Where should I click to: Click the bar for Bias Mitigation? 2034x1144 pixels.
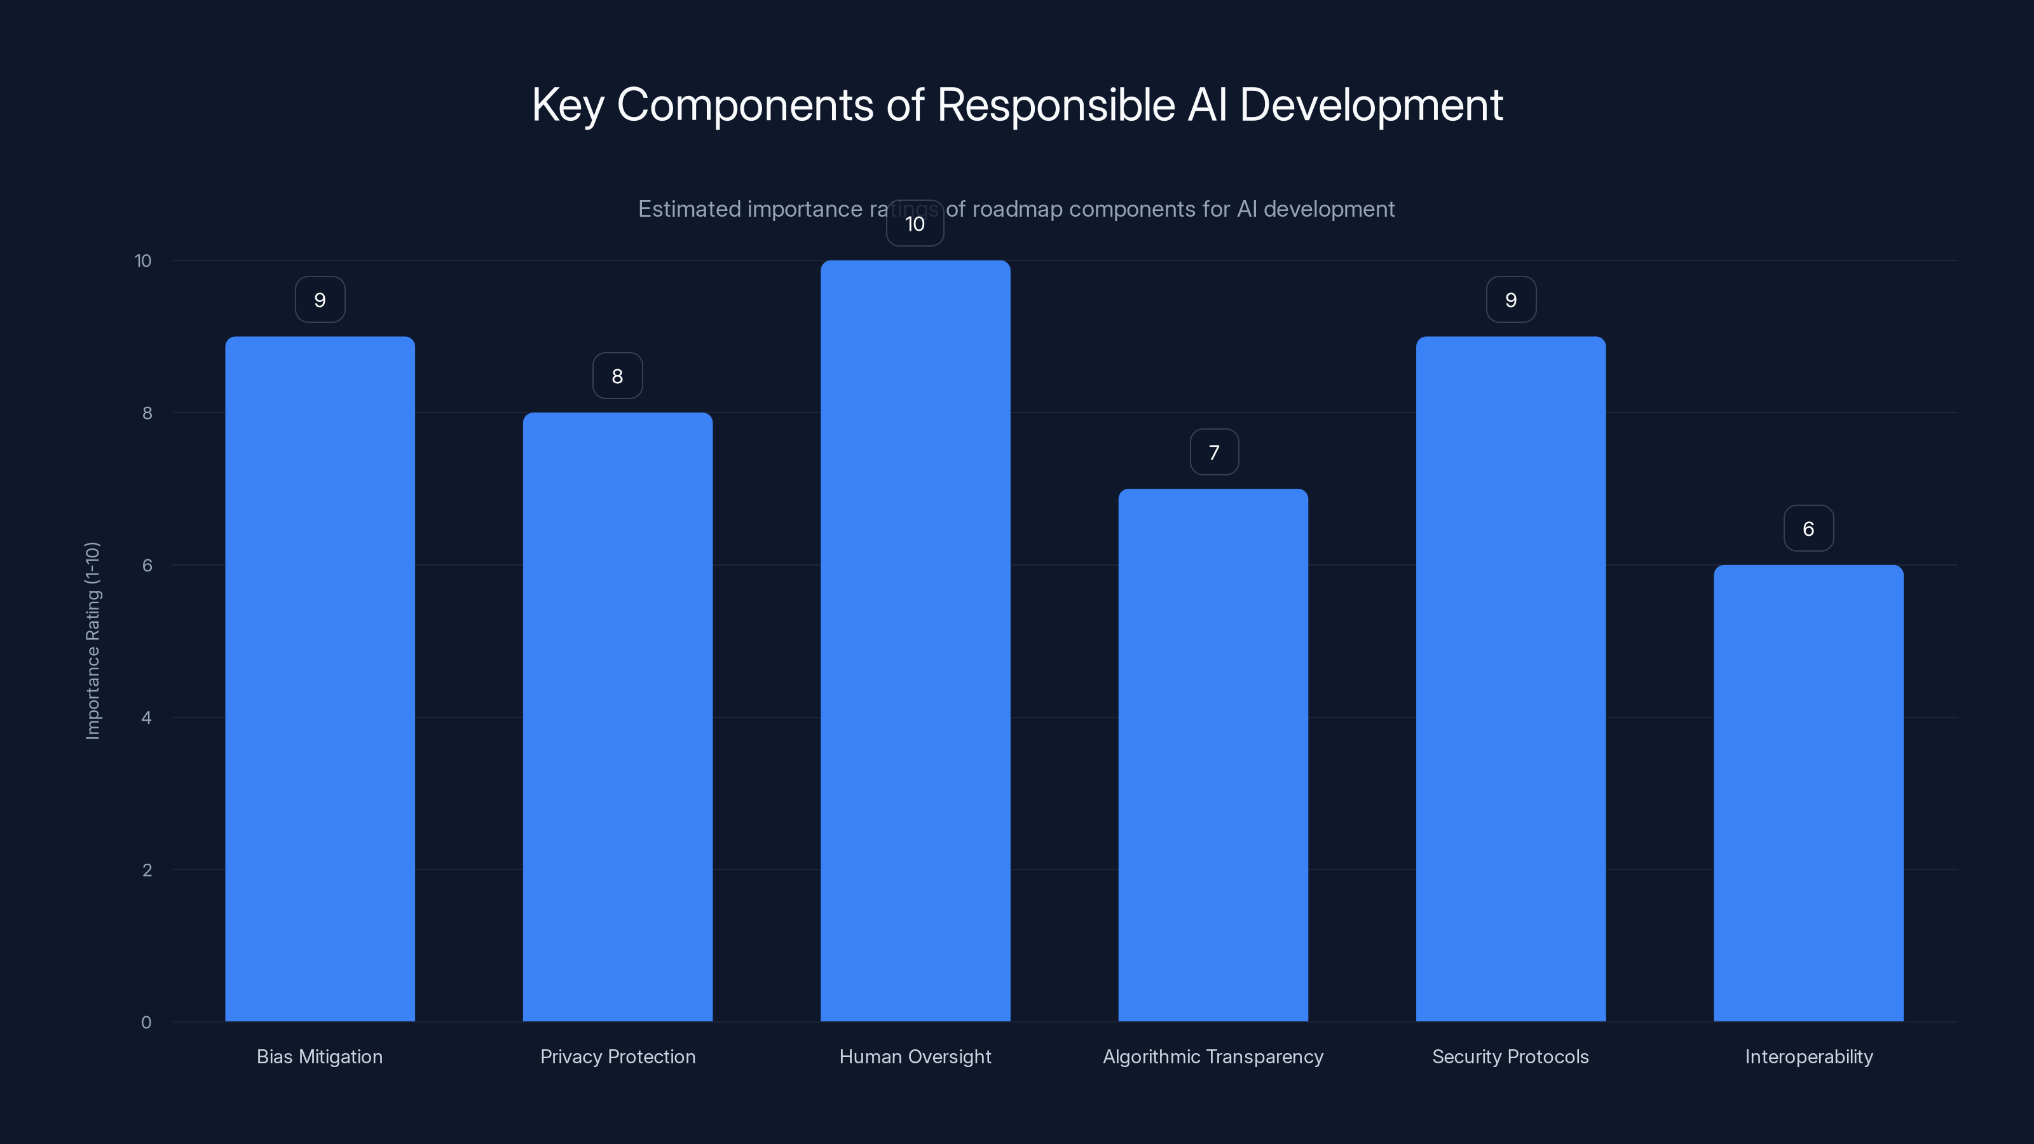click(320, 679)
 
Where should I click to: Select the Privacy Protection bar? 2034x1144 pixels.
click(617, 717)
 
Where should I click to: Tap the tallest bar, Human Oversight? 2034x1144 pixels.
click(915, 641)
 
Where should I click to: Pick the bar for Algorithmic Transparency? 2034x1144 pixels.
click(1213, 755)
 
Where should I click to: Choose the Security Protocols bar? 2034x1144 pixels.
click(1510, 679)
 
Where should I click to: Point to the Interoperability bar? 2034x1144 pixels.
click(1808, 793)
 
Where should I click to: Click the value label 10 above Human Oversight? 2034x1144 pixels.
click(915, 224)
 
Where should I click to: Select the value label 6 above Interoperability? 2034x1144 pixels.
click(1808, 528)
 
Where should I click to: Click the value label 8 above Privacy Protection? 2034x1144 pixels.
click(617, 376)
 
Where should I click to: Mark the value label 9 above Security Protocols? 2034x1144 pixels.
click(1510, 300)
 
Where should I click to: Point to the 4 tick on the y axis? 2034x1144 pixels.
click(146, 718)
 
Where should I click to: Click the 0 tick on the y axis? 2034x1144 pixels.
click(146, 1023)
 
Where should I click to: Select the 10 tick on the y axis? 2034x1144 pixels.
click(143, 261)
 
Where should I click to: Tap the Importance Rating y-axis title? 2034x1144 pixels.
click(92, 640)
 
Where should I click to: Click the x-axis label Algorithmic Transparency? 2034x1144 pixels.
click(1213, 1056)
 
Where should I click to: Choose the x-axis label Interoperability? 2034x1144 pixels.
click(1808, 1056)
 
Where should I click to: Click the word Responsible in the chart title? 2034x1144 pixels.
click(1056, 105)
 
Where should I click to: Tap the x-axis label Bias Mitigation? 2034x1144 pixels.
click(320, 1056)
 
